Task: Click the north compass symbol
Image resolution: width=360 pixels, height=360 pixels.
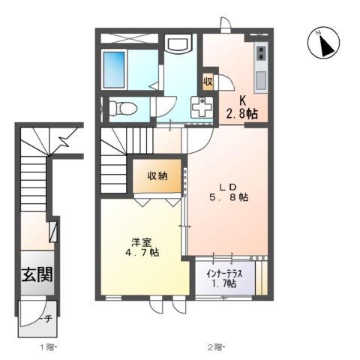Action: click(x=323, y=44)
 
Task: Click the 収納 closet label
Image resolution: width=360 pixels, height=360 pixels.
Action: click(x=157, y=177)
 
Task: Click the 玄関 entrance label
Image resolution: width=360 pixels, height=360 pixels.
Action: click(x=36, y=274)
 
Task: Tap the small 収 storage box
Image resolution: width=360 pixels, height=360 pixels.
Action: click(x=207, y=81)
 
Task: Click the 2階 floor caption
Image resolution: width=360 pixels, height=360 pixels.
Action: click(x=217, y=347)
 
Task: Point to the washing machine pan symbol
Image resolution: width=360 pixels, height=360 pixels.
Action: click(x=202, y=109)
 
